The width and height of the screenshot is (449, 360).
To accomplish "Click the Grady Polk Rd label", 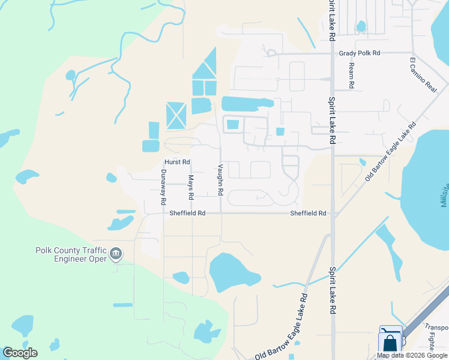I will click(x=360, y=53).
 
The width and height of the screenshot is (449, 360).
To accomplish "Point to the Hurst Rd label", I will click(x=177, y=162).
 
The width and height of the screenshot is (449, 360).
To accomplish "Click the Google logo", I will click(x=20, y=353).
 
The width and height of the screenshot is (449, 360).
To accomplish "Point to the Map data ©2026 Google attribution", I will click(x=412, y=356).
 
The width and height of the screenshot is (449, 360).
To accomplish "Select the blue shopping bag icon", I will click(x=390, y=343).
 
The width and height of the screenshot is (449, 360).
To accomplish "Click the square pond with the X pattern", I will click(x=176, y=115).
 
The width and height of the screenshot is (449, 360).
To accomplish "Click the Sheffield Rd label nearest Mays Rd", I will click(x=187, y=213).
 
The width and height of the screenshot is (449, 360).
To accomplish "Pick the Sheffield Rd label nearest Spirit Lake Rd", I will click(x=308, y=213).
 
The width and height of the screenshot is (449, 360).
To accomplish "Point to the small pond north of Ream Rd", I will click(x=361, y=26).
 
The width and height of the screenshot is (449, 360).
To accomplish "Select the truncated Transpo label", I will click(x=436, y=327).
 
